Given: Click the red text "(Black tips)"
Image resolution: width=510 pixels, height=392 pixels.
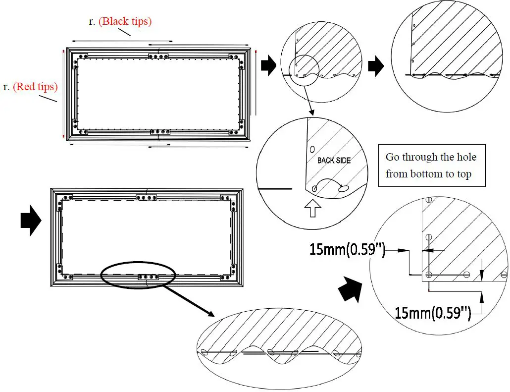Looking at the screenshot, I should (x=125, y=22).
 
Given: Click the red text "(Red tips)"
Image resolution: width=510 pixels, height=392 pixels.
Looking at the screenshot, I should (x=35, y=87).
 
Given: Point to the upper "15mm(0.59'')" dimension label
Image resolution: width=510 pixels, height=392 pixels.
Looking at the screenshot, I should (x=347, y=249).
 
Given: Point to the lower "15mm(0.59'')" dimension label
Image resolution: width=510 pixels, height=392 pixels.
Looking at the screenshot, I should (x=432, y=312).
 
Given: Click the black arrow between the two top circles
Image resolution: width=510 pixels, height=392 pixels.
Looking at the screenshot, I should (x=376, y=66).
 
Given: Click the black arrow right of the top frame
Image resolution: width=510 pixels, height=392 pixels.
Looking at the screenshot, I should (x=268, y=66).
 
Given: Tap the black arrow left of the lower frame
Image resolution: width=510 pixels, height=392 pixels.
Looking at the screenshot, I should (x=31, y=221).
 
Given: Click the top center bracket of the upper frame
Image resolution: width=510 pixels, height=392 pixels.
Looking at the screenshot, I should (x=158, y=56).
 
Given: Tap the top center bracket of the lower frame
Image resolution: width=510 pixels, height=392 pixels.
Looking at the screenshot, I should (x=147, y=197).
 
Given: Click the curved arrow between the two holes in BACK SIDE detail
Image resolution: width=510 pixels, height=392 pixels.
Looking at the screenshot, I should (x=327, y=183).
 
